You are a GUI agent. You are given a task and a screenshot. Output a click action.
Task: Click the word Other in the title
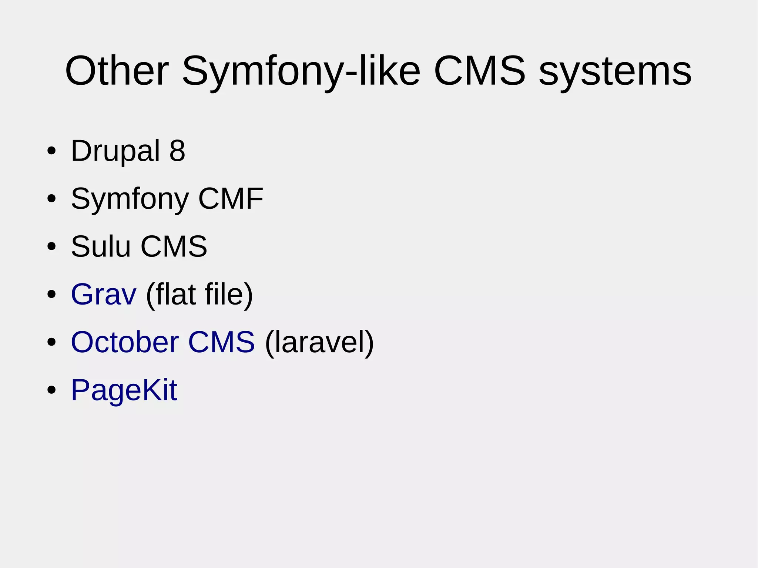117,71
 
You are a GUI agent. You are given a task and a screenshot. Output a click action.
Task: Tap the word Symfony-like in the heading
301,71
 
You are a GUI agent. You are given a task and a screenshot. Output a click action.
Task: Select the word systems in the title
615,71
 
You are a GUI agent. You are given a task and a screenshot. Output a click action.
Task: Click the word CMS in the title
480,71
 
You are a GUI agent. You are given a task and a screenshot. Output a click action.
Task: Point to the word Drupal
115,151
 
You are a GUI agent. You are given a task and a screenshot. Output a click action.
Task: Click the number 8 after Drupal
177,151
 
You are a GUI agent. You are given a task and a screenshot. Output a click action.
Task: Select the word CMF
231,199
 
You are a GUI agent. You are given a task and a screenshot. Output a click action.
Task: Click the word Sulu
101,246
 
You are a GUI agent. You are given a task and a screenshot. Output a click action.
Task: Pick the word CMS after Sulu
174,246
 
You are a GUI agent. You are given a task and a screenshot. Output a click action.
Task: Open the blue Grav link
104,295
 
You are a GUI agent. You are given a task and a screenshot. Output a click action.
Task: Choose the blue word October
125,342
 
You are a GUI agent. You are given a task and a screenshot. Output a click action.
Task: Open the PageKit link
124,390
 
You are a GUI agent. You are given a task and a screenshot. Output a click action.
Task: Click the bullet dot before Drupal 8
51,151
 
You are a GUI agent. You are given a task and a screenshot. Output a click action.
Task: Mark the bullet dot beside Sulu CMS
51,246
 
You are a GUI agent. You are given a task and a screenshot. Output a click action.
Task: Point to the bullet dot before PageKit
51,390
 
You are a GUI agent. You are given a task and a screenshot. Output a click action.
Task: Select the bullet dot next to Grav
51,295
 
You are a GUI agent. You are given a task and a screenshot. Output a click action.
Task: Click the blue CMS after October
221,342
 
